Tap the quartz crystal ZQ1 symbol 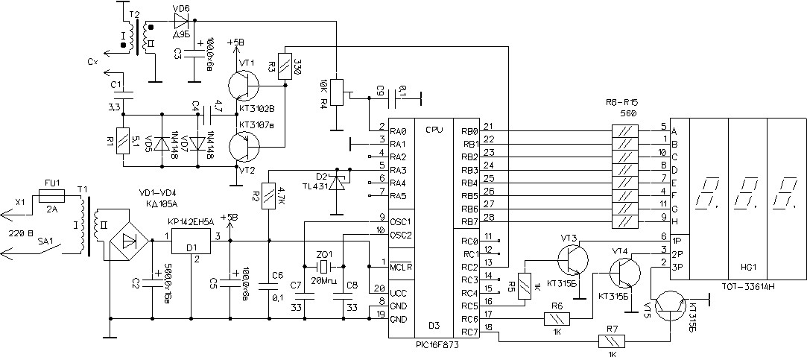pos(323,267)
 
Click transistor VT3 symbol pos(572,258)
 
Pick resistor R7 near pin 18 pos(611,343)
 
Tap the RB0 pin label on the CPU pos(469,130)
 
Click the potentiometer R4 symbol pos(336,92)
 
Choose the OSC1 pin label pos(400,222)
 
